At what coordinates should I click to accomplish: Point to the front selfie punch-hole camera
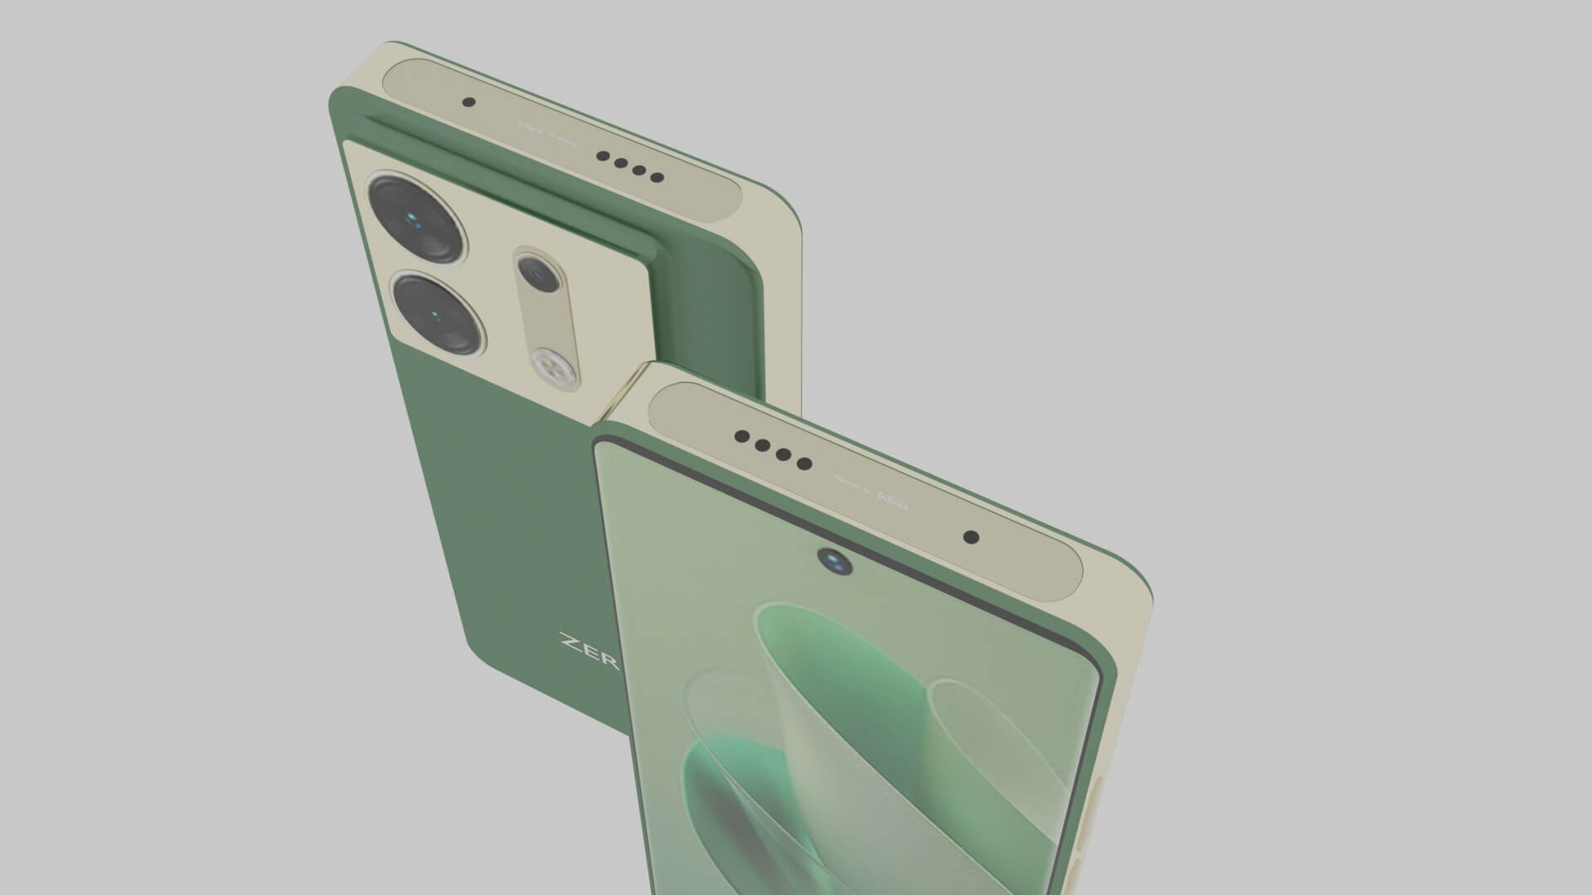click(x=835, y=562)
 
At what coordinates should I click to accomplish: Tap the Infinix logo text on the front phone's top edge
click(x=892, y=504)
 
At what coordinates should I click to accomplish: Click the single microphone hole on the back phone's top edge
click(x=468, y=103)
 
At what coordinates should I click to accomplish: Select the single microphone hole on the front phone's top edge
click(x=971, y=537)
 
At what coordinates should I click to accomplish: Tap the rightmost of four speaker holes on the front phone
click(x=803, y=463)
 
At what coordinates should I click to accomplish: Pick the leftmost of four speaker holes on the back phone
click(x=603, y=155)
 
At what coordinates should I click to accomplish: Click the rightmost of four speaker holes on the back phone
click(x=657, y=177)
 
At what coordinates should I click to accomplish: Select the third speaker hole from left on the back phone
click(x=639, y=171)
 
